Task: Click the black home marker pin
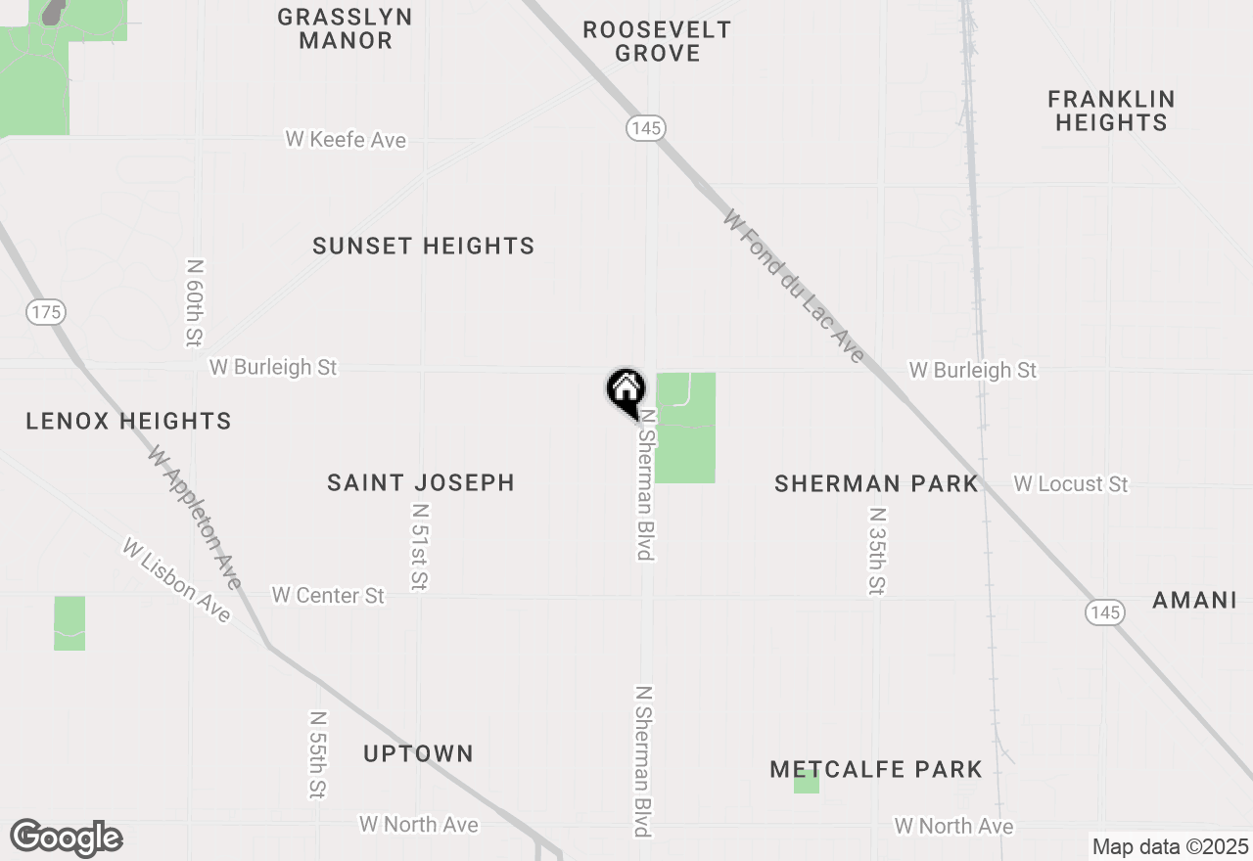coord(626,391)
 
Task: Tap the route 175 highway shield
coord(46,313)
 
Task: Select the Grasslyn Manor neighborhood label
coord(345,29)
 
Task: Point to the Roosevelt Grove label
coord(657,41)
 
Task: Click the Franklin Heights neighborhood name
coord(1111,111)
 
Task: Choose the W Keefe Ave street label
coord(346,140)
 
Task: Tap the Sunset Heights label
coord(424,246)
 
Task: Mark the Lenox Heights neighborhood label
coord(128,422)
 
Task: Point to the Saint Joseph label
coord(421,482)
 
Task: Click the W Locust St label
coord(1071,484)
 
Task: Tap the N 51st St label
coord(419,547)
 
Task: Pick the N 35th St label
coord(877,551)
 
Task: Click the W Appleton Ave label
coord(194,517)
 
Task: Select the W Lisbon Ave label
coord(177,579)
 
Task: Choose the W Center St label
coord(328,595)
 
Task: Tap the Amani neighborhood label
coord(1194,600)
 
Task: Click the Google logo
coord(67,838)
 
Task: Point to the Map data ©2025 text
coord(1170,846)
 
